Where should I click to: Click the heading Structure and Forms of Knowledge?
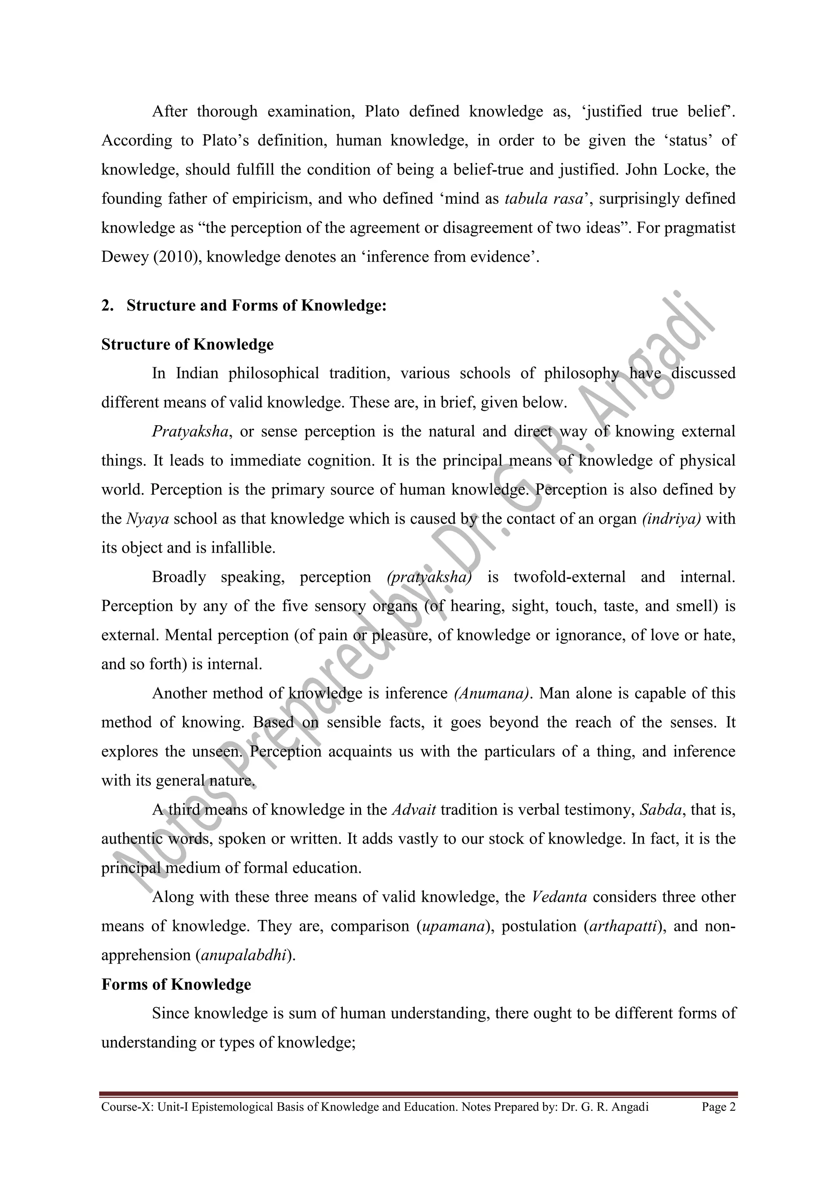[x=256, y=306]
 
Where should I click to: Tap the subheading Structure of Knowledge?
[x=187, y=344]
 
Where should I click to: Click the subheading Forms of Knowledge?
[x=176, y=984]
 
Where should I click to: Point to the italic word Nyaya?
[x=148, y=518]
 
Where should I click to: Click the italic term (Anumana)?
[x=492, y=694]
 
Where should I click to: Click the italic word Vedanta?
[x=559, y=897]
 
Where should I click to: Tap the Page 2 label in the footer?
[x=718, y=1107]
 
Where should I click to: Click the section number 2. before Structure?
[x=107, y=306]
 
